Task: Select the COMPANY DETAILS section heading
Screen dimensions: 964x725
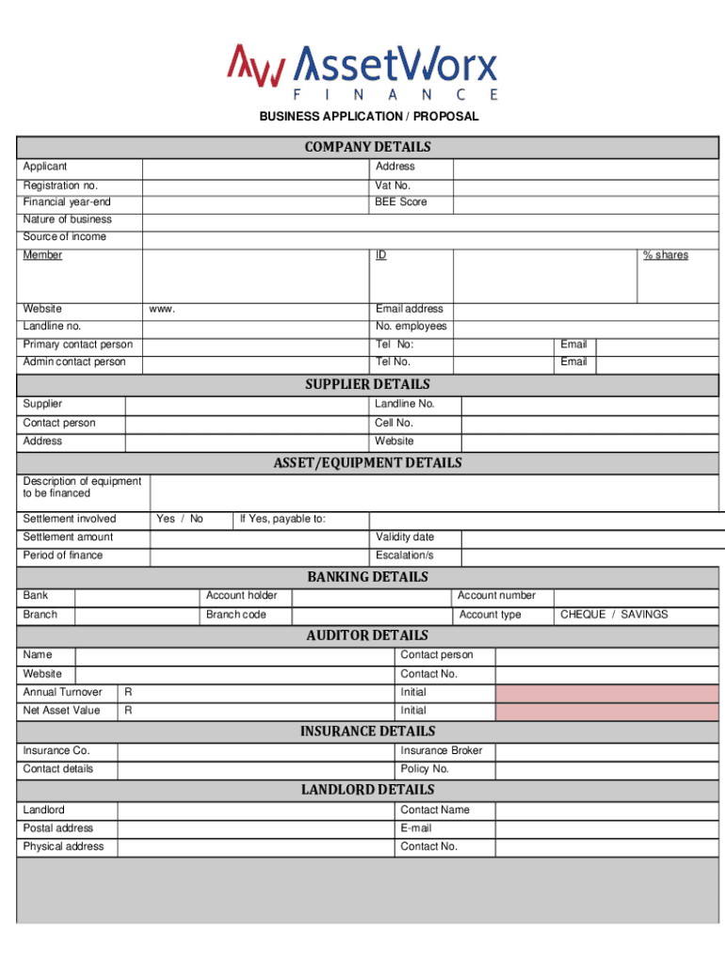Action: (367, 147)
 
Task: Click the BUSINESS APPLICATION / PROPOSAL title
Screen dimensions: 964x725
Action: (369, 117)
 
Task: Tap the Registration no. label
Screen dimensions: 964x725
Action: (60, 185)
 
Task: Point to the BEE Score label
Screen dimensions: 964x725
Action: (400, 202)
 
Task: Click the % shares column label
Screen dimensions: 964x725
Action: (665, 255)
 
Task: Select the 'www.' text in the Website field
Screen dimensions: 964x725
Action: (162, 309)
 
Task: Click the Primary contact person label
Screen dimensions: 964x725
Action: (77, 345)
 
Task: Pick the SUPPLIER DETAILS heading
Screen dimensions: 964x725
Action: (367, 384)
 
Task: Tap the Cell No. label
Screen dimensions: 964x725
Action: (394, 423)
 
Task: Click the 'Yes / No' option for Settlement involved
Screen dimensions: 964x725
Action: (179, 519)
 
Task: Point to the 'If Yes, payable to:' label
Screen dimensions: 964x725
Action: (282, 519)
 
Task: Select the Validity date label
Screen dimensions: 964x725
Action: (404, 537)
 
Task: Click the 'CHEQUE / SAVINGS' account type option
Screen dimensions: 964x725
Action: (613, 615)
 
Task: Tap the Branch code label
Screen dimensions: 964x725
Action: (235, 615)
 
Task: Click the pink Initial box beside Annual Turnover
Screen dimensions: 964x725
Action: (606, 693)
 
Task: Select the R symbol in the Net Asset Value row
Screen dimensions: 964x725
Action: (128, 711)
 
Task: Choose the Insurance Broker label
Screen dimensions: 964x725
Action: (441, 750)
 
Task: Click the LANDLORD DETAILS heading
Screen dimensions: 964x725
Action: (367, 789)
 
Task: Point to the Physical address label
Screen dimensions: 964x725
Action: (63, 846)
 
